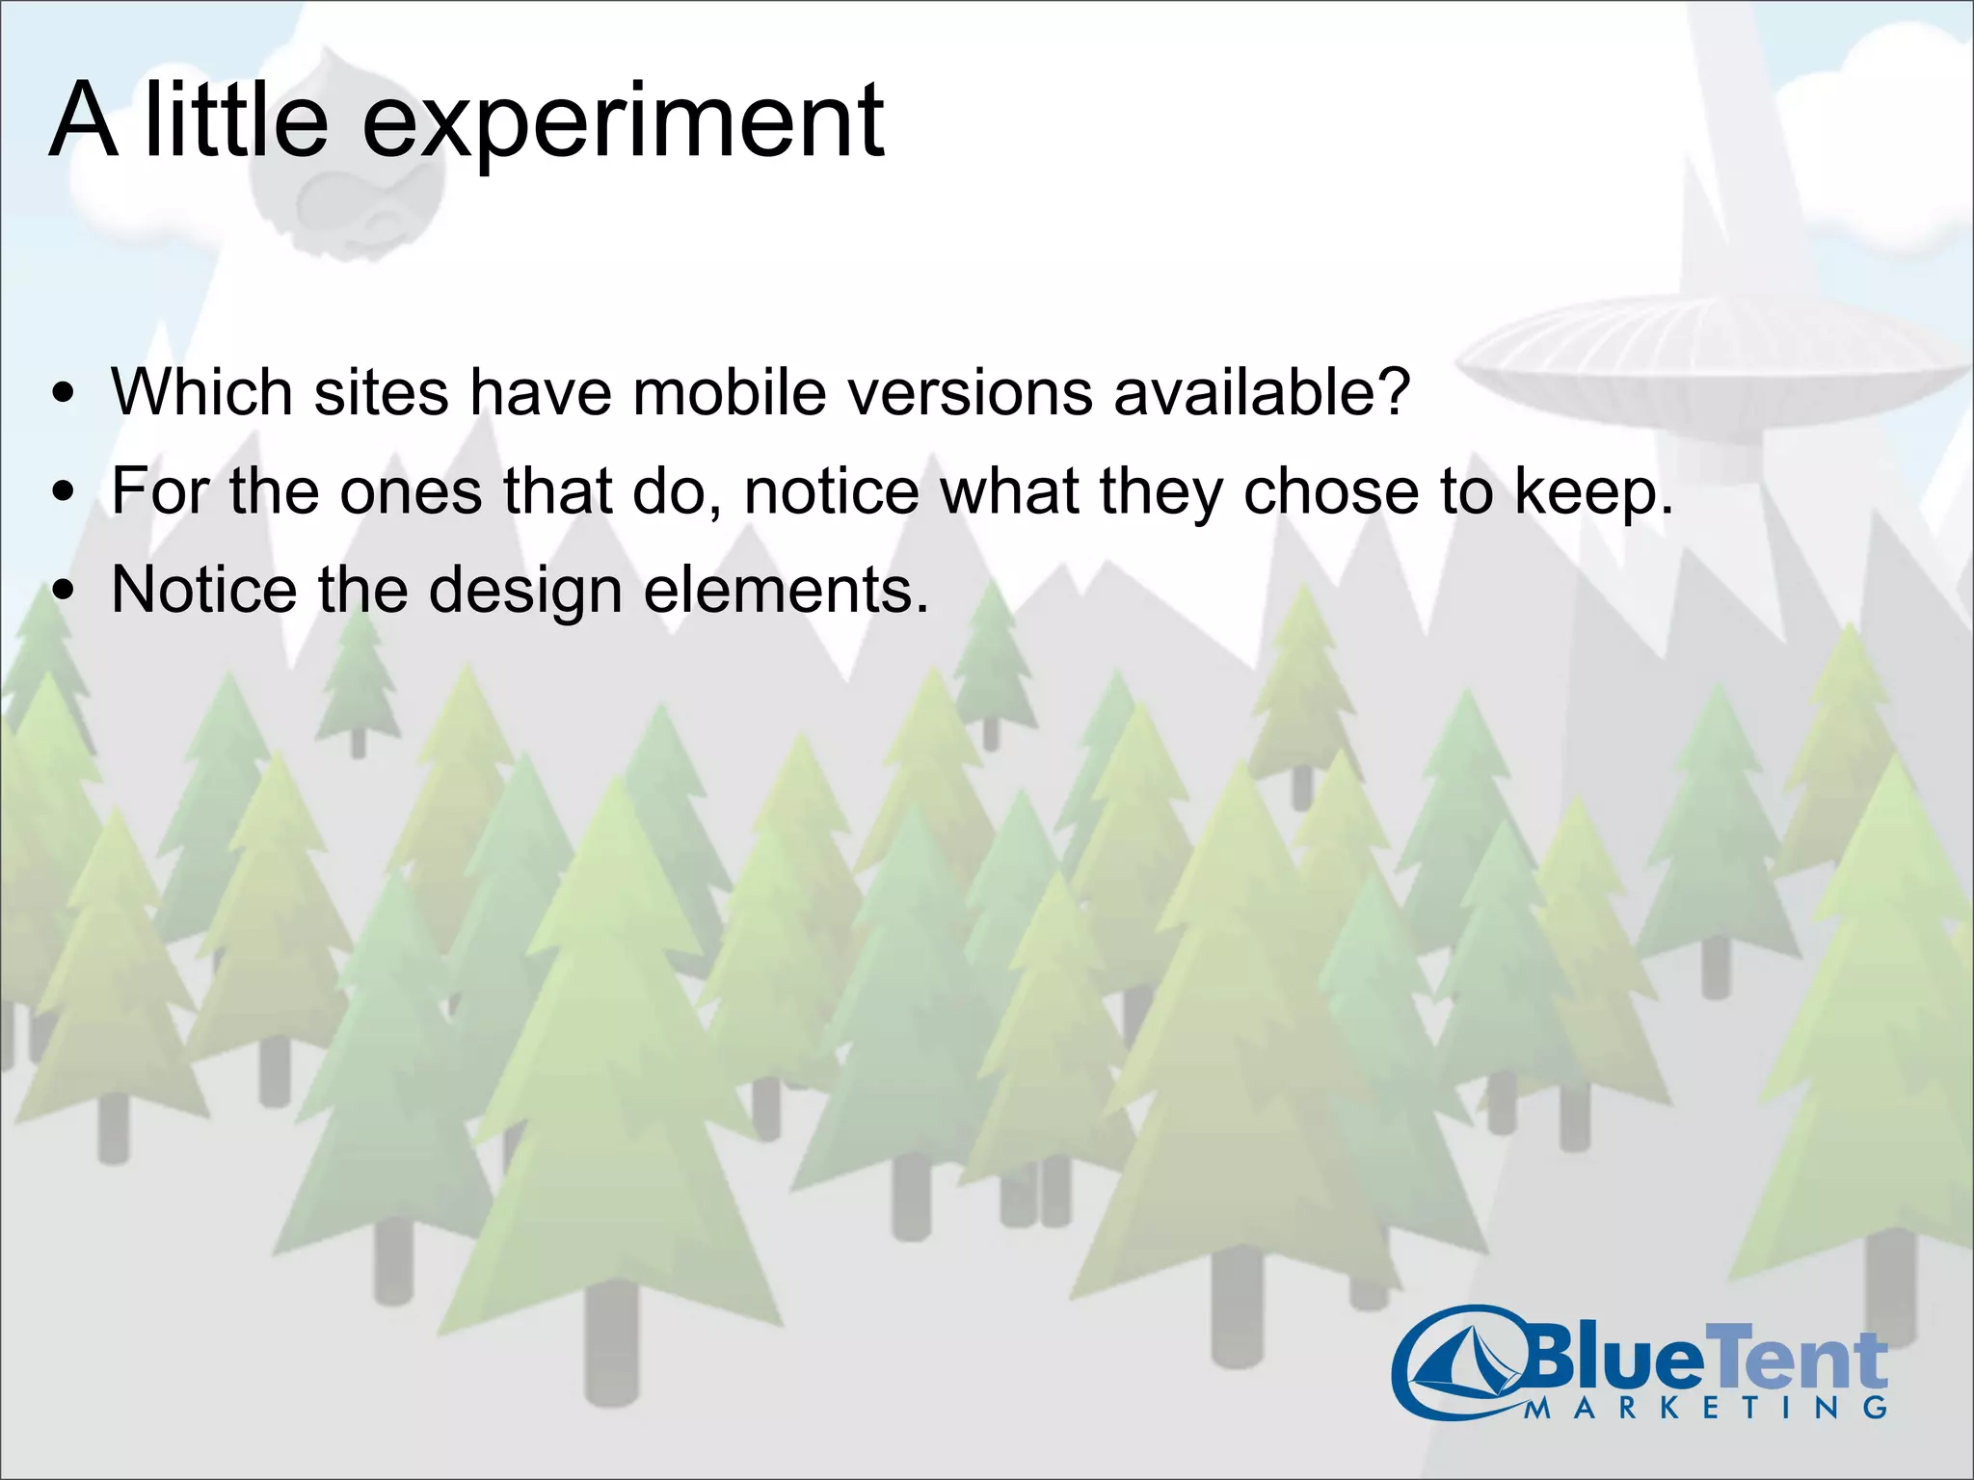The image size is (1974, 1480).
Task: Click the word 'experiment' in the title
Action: click(622, 123)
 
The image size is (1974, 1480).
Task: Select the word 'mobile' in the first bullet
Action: click(730, 392)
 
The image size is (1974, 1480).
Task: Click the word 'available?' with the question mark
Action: click(1263, 392)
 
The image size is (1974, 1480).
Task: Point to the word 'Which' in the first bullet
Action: click(200, 392)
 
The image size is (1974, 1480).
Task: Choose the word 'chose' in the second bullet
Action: click(1331, 491)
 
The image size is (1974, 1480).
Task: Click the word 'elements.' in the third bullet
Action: click(786, 590)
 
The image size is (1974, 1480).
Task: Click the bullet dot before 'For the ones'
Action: click(65, 492)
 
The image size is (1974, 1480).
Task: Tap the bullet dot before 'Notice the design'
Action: click(65, 591)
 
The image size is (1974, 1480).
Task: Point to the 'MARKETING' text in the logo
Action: click(1706, 1408)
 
